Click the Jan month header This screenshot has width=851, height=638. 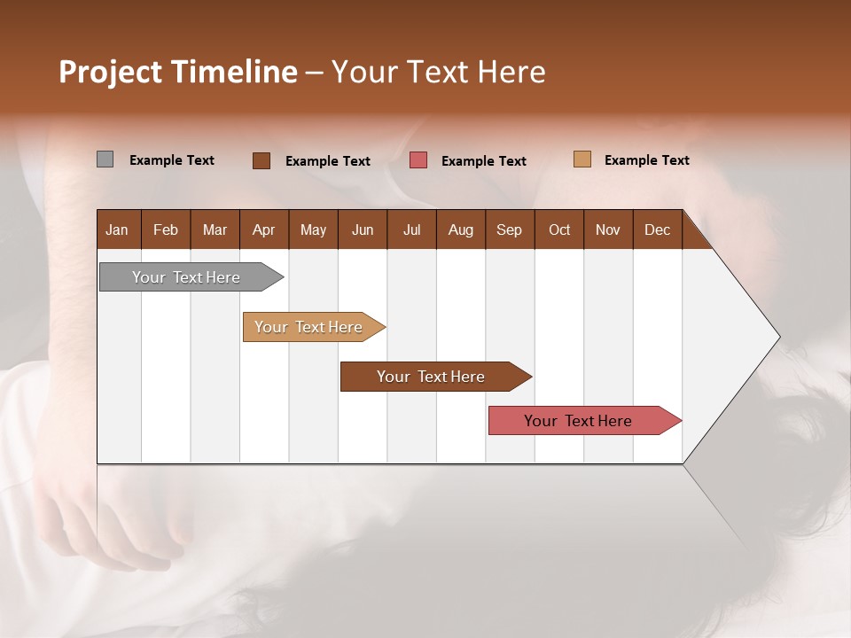(x=117, y=230)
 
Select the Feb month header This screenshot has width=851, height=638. (x=166, y=230)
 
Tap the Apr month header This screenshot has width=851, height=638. (x=263, y=230)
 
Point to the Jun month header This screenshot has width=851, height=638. (x=363, y=230)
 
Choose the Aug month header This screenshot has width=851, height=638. (x=460, y=230)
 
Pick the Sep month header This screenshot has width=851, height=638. (x=509, y=230)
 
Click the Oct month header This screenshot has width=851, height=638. (x=559, y=230)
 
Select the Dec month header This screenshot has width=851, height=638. (x=657, y=230)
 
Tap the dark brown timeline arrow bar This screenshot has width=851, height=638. (x=432, y=377)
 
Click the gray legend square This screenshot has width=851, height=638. (x=105, y=159)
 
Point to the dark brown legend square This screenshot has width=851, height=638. (x=261, y=160)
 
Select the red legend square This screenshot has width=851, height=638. (x=418, y=160)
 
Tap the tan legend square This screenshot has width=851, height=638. (x=582, y=159)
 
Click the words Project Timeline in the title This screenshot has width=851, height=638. (x=178, y=72)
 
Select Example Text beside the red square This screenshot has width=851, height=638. (x=483, y=161)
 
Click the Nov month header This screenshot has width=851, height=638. (x=608, y=230)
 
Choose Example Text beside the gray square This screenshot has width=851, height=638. (x=171, y=160)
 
